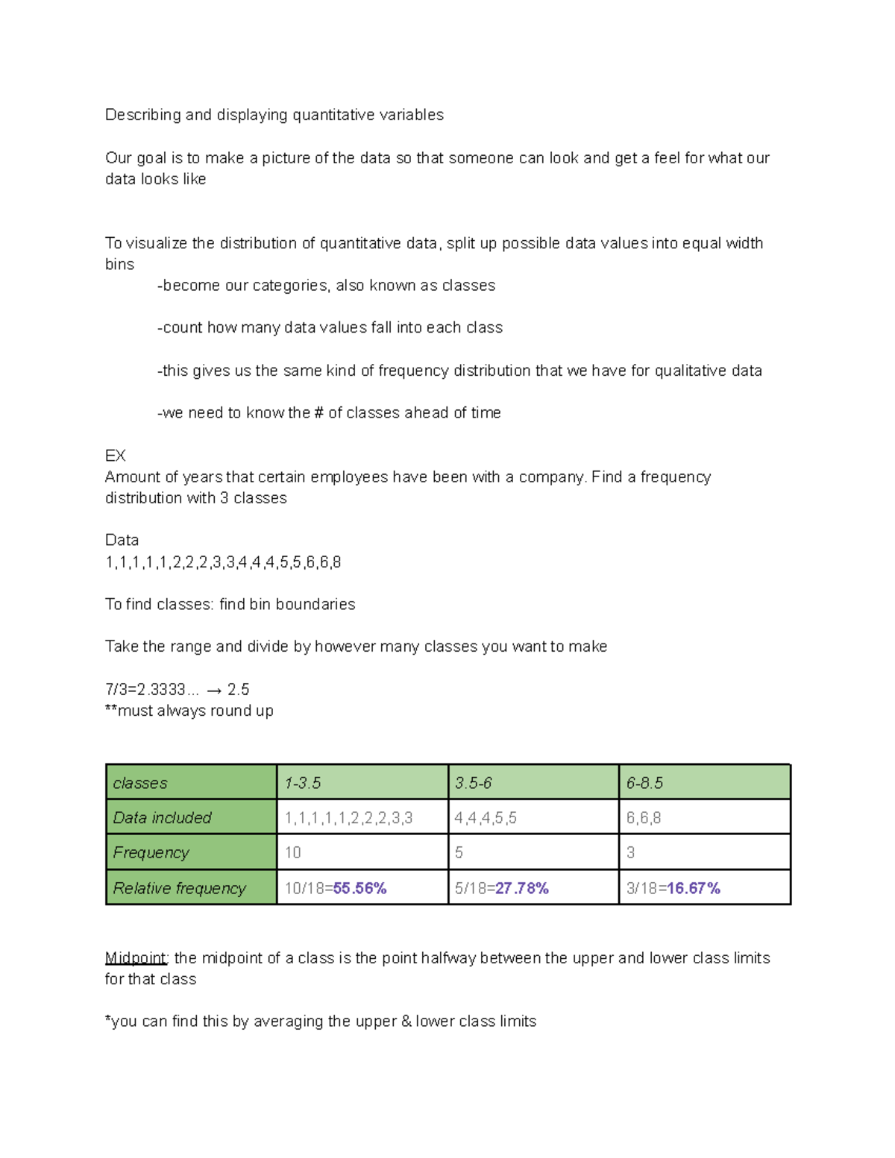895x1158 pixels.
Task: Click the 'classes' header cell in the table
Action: point(191,782)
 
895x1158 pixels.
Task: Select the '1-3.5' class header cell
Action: point(362,782)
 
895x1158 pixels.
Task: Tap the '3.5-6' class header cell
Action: point(533,782)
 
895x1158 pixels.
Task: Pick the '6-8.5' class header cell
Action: point(704,782)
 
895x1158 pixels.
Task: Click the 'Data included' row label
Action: point(191,817)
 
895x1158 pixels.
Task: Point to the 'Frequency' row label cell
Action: point(191,852)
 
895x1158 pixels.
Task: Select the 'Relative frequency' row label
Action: point(191,888)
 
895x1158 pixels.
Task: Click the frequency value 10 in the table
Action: point(293,852)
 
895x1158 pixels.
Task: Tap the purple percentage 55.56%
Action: point(359,888)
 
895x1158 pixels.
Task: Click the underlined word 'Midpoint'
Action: point(136,958)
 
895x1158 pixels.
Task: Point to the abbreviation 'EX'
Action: point(116,456)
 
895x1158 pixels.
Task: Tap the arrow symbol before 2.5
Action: point(214,690)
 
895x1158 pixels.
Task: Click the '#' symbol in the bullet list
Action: point(319,413)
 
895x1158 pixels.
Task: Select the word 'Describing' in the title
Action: point(142,115)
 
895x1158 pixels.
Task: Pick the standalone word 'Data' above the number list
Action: point(122,540)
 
